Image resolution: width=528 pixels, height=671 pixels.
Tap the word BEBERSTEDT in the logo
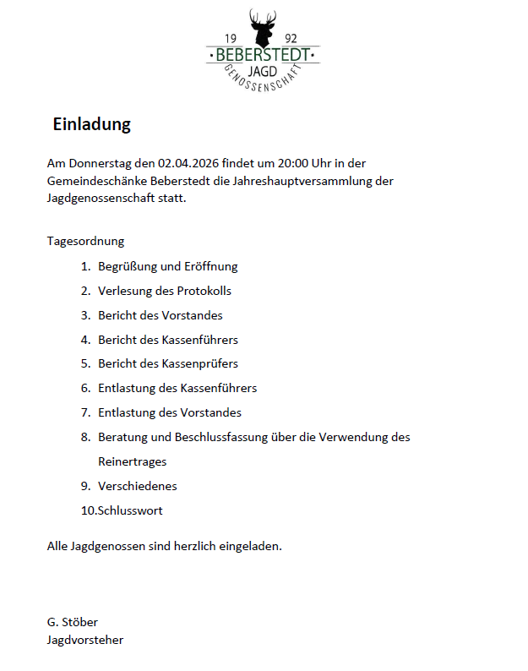pos(263,56)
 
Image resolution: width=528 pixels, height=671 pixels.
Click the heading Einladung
pos(91,124)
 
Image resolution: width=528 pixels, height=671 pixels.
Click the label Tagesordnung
pos(85,241)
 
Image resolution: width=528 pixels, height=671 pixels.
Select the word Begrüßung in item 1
pos(127,266)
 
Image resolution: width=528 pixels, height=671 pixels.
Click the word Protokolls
pos(204,291)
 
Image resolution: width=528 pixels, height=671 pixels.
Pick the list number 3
pos(84,315)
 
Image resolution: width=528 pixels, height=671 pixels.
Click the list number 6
pos(84,389)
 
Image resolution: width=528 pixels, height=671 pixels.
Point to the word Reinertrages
pos(132,461)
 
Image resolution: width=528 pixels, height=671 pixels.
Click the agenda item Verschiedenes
pos(137,486)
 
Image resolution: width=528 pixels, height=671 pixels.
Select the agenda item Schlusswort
pos(130,510)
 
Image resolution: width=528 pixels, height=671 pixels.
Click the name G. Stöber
pos(73,622)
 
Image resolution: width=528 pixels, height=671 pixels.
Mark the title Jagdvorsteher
pos(85,640)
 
